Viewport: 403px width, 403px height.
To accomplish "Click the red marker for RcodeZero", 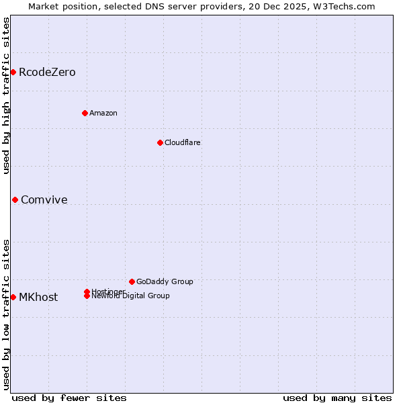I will [13, 72].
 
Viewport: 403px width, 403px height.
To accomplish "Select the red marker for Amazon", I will [85, 113].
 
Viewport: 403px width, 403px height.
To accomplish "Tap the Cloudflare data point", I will [160, 142].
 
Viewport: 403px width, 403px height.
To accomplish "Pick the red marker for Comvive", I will [15, 199].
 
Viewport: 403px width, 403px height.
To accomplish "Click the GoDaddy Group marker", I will [132, 281].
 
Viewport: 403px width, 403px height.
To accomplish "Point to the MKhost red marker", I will [13, 297].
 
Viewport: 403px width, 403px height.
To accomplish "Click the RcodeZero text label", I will [47, 72].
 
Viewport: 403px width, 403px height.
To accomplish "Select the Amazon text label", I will [103, 113].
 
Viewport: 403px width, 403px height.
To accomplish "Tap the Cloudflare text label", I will [183, 142].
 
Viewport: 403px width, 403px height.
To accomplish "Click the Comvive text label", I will [44, 199].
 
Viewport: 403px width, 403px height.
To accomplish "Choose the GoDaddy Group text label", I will [165, 281].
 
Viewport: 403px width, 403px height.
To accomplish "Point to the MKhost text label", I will [38, 297].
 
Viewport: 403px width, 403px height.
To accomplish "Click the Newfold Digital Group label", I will [131, 296].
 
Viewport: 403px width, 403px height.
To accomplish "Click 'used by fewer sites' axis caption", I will [69, 398].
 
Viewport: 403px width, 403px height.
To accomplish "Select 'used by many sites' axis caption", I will [337, 398].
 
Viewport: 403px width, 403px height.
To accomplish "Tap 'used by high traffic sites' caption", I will [7, 95].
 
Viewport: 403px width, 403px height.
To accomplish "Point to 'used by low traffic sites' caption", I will [7, 314].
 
